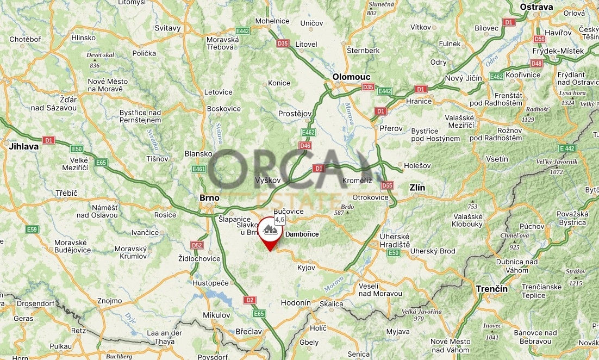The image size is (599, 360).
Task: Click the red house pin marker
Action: coord(269,231)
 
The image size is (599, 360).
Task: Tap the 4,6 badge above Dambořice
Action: coord(279,220)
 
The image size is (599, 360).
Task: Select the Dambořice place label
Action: coord(302,234)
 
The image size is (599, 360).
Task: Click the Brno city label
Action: coord(209,198)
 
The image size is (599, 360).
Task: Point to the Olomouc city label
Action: coord(351,77)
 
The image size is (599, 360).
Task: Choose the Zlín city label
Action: coord(417,188)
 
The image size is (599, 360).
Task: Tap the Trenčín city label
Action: coord(491,288)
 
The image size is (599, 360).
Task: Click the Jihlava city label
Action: coord(23,146)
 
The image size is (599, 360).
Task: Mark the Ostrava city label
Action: coord(536,7)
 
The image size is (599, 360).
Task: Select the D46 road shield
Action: coord(305,146)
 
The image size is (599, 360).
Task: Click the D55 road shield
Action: coord(386,185)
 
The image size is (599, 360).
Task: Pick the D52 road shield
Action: coord(197,245)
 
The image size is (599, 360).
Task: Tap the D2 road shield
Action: coord(249,300)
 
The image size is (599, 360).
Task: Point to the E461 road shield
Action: coord(199,169)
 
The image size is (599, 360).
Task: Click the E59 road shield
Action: coord(32,229)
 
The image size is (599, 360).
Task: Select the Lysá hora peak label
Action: coord(572,93)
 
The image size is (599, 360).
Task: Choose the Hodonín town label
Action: coord(296,303)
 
